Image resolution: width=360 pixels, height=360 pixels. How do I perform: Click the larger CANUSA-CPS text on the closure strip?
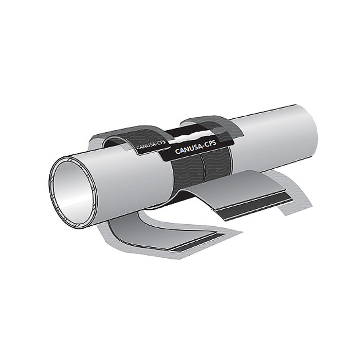[x=195, y=147]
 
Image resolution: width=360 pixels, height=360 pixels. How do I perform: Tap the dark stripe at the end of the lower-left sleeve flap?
[x=197, y=242]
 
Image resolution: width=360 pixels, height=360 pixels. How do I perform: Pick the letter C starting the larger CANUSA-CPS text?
[x=177, y=151]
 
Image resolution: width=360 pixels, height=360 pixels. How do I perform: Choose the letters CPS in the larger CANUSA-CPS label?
[x=210, y=143]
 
